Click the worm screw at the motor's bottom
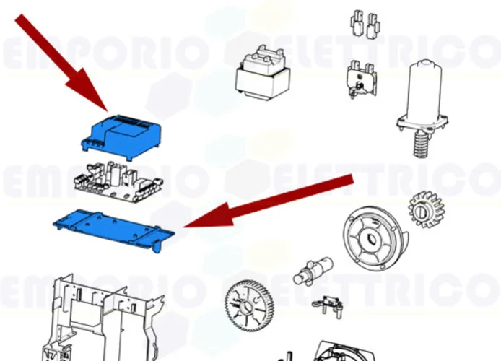coord(419,145)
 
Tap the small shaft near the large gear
coord(310,271)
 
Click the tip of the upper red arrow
coord(107,110)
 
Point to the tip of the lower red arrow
coord(186,226)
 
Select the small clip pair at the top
coord(365,25)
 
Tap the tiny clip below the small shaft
coord(328,304)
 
